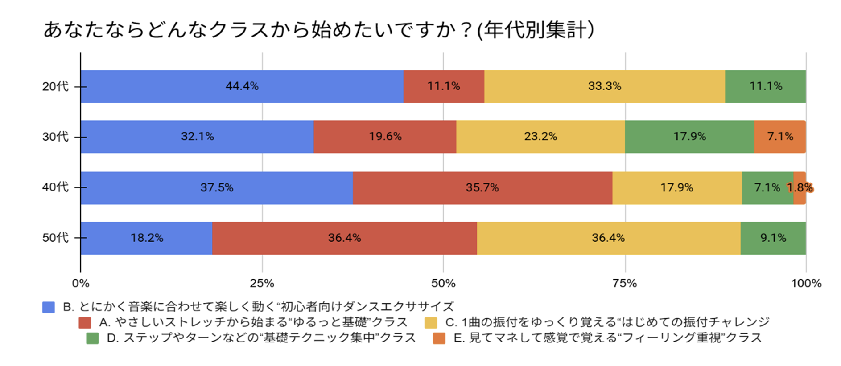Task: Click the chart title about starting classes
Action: [x=318, y=30]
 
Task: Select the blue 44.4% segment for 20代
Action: [x=242, y=86]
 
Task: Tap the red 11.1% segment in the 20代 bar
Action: [x=444, y=86]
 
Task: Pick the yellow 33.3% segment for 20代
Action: [x=604, y=86]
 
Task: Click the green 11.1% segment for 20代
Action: [x=765, y=86]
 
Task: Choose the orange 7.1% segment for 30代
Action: [x=780, y=137]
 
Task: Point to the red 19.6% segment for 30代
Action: [x=385, y=137]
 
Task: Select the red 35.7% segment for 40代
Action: [x=482, y=188]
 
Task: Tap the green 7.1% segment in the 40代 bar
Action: [x=767, y=188]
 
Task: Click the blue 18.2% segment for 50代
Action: [x=146, y=238]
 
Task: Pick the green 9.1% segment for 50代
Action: [x=773, y=238]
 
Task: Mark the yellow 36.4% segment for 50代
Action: [x=608, y=238]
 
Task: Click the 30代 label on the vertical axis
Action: [x=55, y=137]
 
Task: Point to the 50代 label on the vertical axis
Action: [x=55, y=238]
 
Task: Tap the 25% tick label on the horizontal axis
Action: [x=262, y=284]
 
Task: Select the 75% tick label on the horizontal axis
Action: [x=625, y=284]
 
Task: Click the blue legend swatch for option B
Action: [x=49, y=307]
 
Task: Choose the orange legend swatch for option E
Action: [x=439, y=338]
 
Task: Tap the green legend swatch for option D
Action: [x=92, y=338]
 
